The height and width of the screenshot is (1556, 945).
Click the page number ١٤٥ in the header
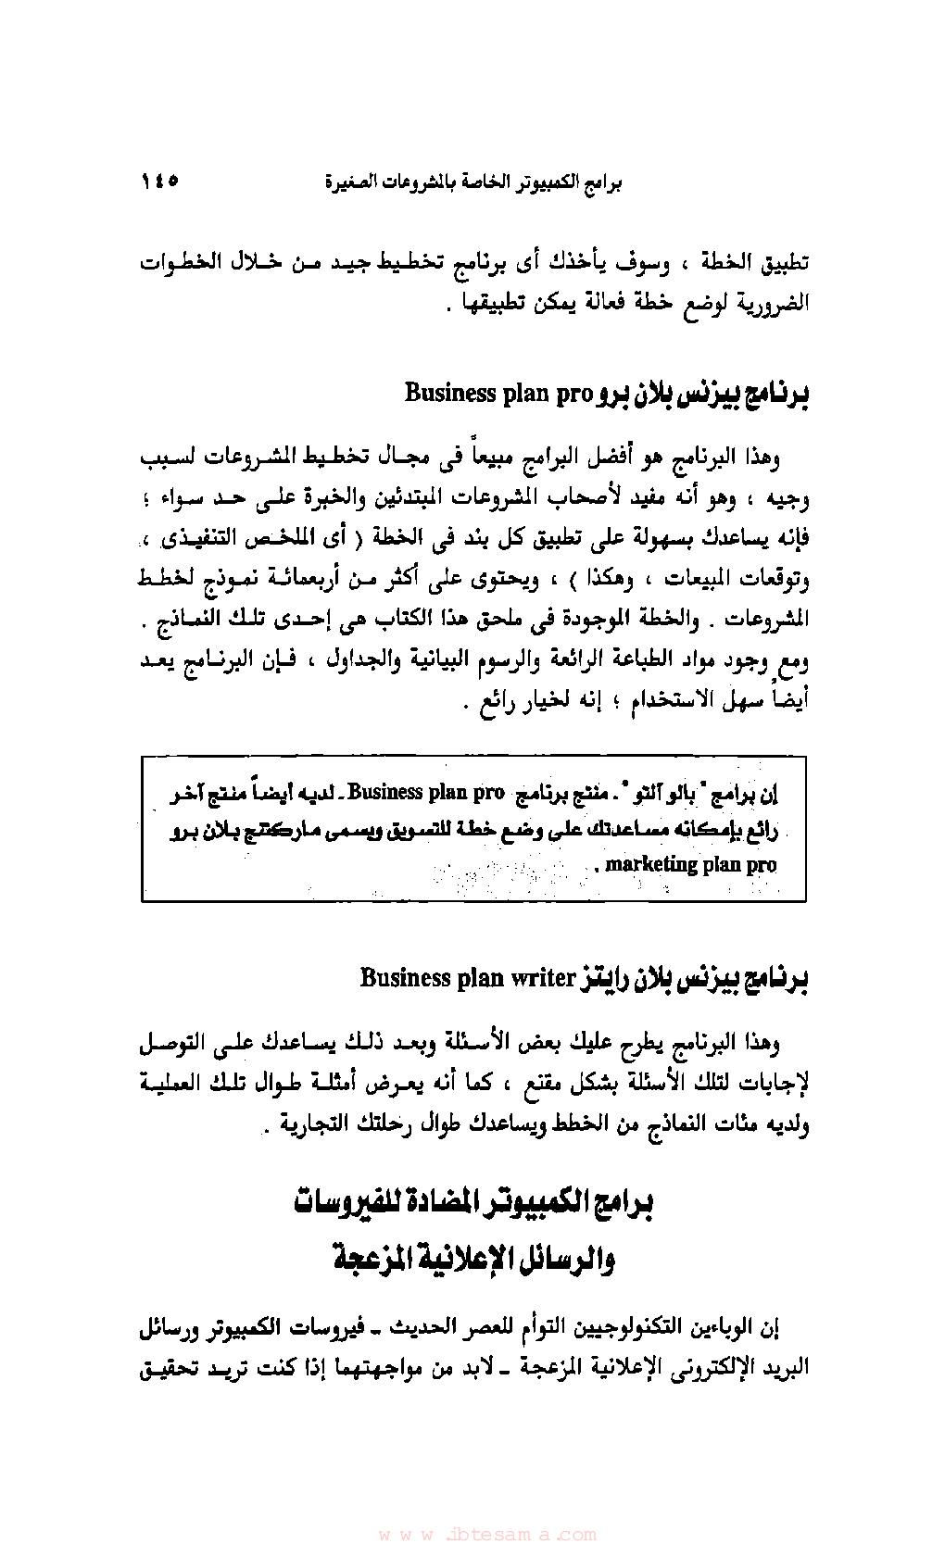click(160, 181)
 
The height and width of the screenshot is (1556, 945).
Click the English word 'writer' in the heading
click(542, 978)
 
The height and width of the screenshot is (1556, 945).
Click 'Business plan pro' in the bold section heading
click(498, 394)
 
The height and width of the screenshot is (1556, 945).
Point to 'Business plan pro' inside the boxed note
click(426, 793)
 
